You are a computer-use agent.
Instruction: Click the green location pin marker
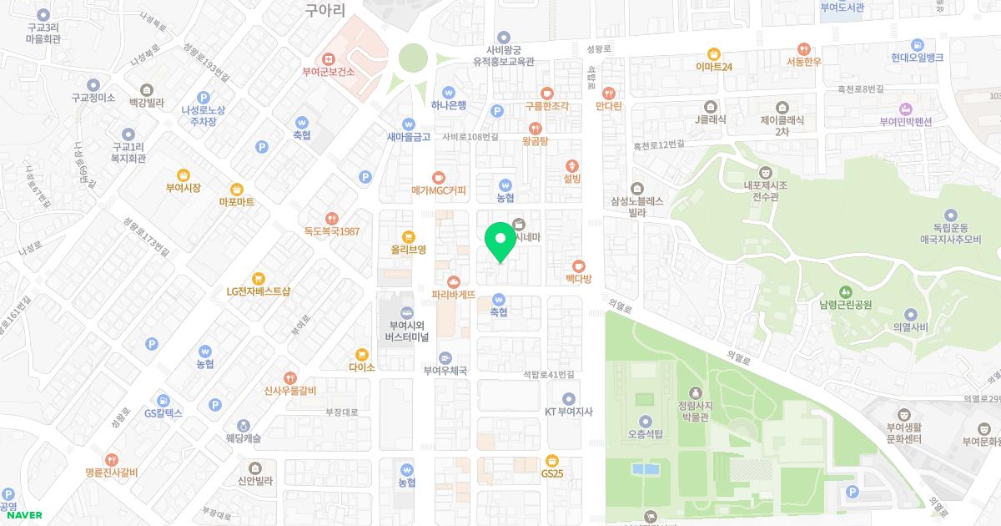click(500, 241)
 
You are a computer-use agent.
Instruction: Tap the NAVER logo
click(24, 514)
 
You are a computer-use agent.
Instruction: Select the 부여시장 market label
click(184, 188)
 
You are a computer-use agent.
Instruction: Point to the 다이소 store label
click(362, 367)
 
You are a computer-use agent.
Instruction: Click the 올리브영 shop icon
click(408, 235)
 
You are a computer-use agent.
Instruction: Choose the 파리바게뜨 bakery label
click(454, 294)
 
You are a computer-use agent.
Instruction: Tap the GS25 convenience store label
click(552, 473)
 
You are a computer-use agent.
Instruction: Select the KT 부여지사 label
click(568, 411)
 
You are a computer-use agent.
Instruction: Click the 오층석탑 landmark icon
click(645, 421)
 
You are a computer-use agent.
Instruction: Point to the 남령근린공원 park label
click(846, 305)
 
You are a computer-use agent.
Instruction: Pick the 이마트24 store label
click(714, 66)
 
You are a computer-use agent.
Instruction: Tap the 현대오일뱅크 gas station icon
click(917, 44)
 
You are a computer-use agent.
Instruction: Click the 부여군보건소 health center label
click(329, 72)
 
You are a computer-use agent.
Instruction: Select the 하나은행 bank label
click(449, 105)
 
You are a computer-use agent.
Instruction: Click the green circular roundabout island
click(413, 58)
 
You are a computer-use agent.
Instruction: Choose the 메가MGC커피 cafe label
click(439, 190)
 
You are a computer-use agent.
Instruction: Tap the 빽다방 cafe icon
click(578, 266)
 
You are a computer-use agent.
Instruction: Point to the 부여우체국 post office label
click(445, 371)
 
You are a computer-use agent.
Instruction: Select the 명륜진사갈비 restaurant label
click(112, 473)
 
